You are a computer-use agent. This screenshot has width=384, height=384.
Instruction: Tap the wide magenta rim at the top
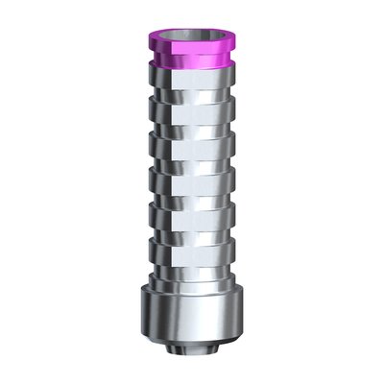[191, 51]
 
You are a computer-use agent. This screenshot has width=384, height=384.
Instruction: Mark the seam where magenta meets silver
[192, 84]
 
